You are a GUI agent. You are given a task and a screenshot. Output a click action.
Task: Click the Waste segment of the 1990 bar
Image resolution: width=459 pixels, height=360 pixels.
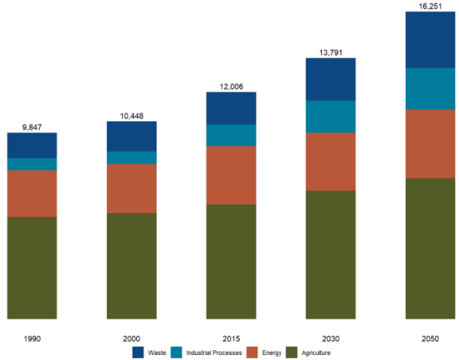click(32, 146)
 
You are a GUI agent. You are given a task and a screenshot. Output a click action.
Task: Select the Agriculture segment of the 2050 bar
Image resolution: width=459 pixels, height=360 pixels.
click(430, 248)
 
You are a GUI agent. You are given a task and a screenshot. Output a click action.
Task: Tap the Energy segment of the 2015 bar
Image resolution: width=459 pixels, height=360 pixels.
click(231, 175)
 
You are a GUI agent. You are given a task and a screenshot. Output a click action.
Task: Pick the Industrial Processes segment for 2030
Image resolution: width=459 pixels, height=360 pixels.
click(331, 116)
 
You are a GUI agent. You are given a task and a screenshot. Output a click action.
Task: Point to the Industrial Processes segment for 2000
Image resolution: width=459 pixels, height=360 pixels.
click(131, 158)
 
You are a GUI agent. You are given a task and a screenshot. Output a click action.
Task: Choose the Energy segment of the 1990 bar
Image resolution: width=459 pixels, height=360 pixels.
click(32, 194)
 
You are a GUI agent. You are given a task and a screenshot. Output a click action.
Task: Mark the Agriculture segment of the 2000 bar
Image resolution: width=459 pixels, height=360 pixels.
click(131, 265)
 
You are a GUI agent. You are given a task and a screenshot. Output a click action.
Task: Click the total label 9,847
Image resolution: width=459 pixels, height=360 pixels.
click(32, 127)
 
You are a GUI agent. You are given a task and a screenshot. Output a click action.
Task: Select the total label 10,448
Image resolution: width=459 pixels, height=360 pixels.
click(132, 115)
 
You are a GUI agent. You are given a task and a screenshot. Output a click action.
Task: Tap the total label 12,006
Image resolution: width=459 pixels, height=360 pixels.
click(231, 86)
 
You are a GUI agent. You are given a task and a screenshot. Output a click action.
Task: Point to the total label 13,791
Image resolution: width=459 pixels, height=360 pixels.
click(331, 52)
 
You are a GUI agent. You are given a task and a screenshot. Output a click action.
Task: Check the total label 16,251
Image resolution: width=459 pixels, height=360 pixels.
click(430, 6)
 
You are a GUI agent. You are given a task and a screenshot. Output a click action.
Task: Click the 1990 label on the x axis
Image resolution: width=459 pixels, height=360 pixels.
click(32, 337)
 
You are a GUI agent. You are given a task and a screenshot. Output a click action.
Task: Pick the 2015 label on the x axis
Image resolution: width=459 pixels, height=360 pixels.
click(231, 337)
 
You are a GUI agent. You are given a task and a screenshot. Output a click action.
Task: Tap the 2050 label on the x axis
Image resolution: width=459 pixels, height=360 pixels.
click(430, 337)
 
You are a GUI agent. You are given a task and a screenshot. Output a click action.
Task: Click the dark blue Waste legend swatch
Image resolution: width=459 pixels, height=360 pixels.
click(139, 352)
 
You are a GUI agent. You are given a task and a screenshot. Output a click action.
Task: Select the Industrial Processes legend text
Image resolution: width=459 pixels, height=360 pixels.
click(213, 352)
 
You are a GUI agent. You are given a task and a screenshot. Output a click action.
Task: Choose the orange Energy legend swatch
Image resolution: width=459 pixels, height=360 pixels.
click(252, 352)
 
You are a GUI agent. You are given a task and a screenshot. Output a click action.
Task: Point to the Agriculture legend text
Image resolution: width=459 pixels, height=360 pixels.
click(316, 352)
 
